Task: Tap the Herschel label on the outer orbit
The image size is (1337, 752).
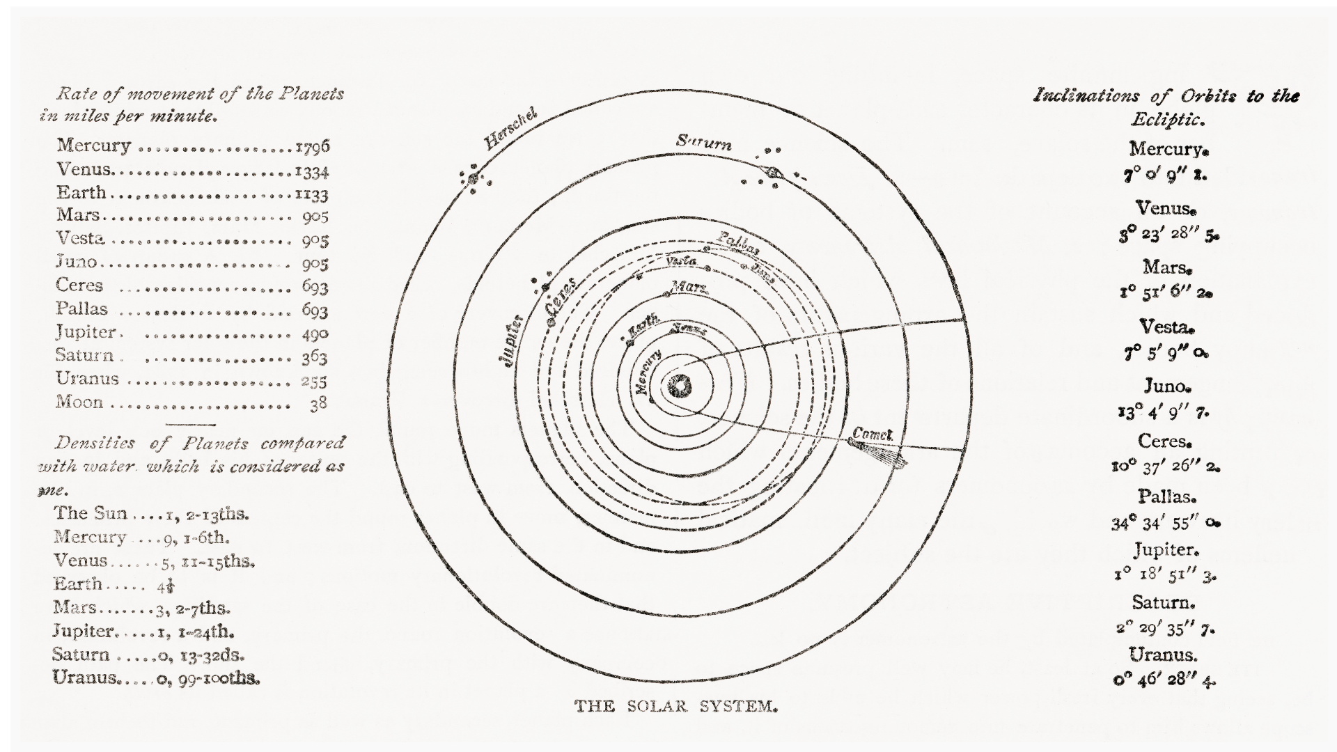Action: click(x=510, y=130)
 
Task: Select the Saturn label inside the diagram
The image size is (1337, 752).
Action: click(x=703, y=143)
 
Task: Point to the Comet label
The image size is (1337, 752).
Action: click(x=872, y=434)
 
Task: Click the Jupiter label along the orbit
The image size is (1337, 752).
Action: click(x=511, y=341)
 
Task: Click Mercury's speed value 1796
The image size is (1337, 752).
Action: click(x=312, y=147)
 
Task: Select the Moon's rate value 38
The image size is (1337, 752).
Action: click(x=318, y=403)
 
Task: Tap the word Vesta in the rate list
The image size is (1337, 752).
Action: click(x=81, y=238)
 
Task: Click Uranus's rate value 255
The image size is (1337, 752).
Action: click(x=314, y=381)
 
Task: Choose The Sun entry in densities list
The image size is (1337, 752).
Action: click(x=91, y=513)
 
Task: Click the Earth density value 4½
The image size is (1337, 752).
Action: click(x=165, y=585)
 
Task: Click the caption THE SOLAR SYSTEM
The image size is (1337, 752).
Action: click(x=675, y=706)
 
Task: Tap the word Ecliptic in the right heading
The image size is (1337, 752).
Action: click(x=1167, y=120)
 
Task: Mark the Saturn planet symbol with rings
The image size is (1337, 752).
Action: click(x=773, y=171)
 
